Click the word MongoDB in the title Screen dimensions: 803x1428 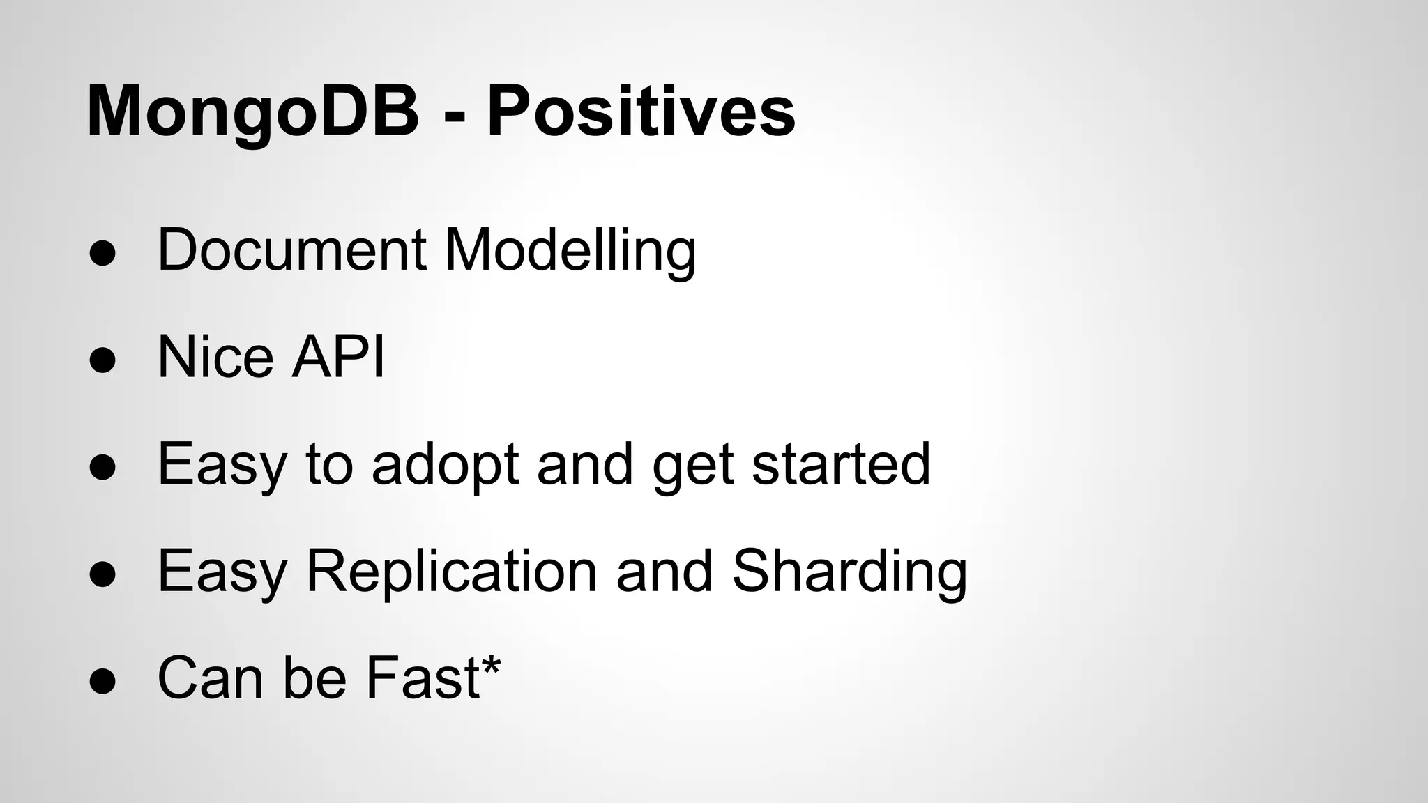pos(252,112)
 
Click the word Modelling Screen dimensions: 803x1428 pos(570,251)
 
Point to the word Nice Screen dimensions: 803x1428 pos(215,357)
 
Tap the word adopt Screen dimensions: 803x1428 pos(445,466)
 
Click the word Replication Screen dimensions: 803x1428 pos(451,572)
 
